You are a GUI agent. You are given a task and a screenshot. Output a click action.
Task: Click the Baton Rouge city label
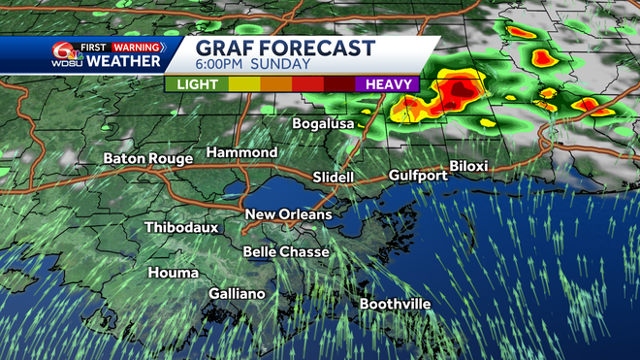[148, 158]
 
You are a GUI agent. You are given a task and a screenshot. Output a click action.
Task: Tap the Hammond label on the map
[241, 152]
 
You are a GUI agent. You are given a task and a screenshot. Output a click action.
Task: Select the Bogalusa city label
[328, 124]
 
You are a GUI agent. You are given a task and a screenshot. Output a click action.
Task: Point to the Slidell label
[334, 178]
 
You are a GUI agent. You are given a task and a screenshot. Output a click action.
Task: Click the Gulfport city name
[418, 176]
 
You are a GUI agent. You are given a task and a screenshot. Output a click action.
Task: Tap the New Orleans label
[288, 214]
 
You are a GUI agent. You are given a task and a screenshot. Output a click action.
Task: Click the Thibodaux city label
[181, 228]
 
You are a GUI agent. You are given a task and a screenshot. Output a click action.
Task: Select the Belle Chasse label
[286, 252]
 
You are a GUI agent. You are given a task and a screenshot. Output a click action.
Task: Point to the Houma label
[173, 273]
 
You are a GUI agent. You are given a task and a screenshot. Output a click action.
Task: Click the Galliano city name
[237, 293]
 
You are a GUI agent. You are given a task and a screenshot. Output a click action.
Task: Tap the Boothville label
[395, 304]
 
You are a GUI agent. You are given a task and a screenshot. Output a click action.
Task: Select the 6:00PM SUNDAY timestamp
[254, 65]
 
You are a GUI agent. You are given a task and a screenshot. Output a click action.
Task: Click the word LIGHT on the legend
[198, 84]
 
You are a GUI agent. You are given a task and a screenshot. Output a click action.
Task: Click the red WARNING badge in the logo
[136, 46]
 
